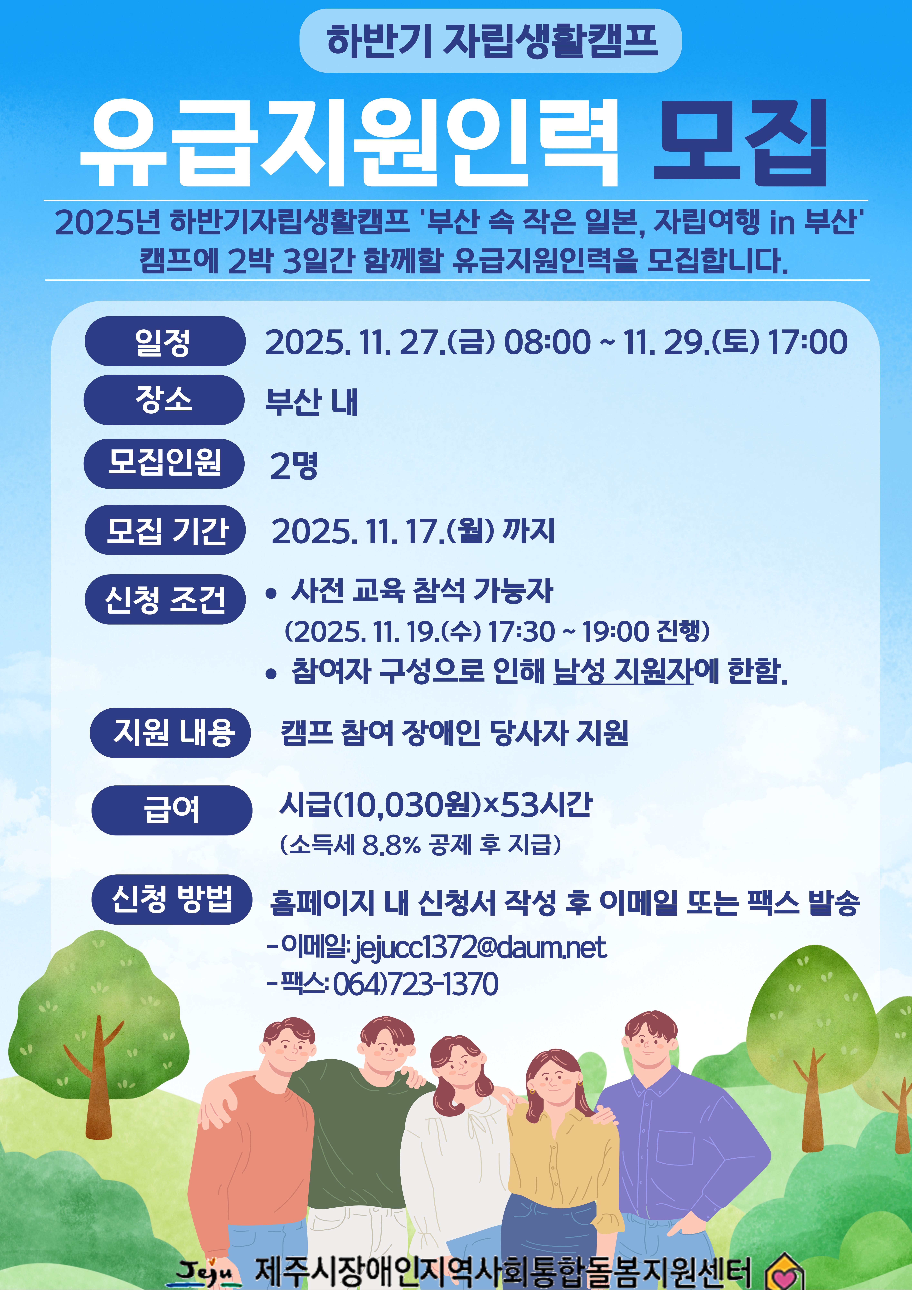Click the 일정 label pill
165,341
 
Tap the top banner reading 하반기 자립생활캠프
490,40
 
